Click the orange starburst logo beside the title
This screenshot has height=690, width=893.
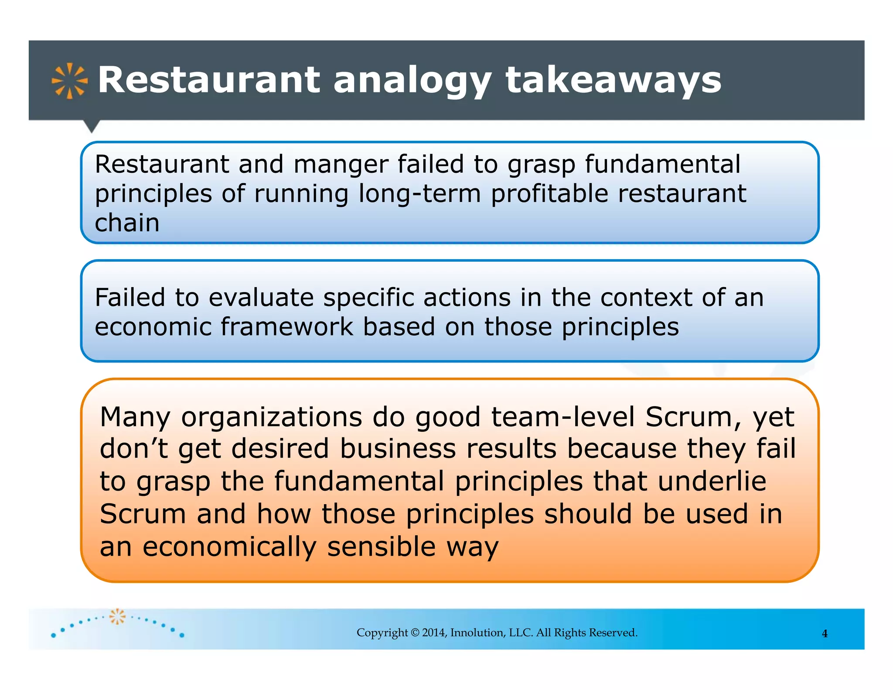tap(70, 81)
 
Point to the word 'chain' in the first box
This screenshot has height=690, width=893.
tap(127, 223)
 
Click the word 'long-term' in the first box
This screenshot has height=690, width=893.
tap(419, 194)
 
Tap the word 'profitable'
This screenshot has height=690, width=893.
tap(549, 194)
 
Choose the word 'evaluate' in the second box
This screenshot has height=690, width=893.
tap(261, 298)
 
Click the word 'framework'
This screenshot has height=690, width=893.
tap(287, 327)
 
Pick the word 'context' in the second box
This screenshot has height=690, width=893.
tap(646, 298)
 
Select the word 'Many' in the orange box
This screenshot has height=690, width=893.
tap(135, 417)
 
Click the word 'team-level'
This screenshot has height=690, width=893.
tap(563, 417)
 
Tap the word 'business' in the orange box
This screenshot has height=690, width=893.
tap(398, 449)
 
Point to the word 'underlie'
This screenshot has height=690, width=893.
tap(712, 481)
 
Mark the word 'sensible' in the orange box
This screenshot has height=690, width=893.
tap(382, 547)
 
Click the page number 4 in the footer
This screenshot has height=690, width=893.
tap(825, 634)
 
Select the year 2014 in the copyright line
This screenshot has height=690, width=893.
tap(434, 633)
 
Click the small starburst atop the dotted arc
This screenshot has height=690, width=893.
tap(117, 616)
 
